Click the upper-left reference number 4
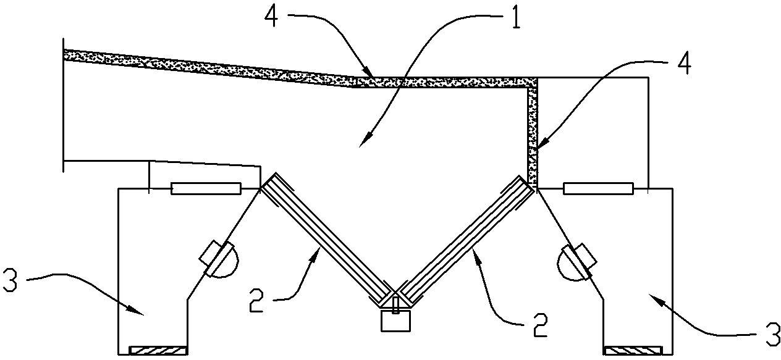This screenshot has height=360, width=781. pyautogui.click(x=271, y=17)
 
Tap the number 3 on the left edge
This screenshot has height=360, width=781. pyautogui.click(x=10, y=280)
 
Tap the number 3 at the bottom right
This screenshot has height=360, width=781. pyautogui.click(x=772, y=335)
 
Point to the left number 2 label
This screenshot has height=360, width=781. pyautogui.click(x=256, y=301)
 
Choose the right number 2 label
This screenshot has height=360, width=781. pyautogui.click(x=540, y=325)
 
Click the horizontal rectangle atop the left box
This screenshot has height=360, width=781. pyautogui.click(x=206, y=188)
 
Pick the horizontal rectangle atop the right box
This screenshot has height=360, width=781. pyautogui.click(x=598, y=188)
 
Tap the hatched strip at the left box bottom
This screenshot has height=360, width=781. pyautogui.click(x=158, y=350)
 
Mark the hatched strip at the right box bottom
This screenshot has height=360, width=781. pyautogui.click(x=633, y=350)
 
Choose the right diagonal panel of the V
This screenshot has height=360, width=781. pyautogui.click(x=466, y=240)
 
